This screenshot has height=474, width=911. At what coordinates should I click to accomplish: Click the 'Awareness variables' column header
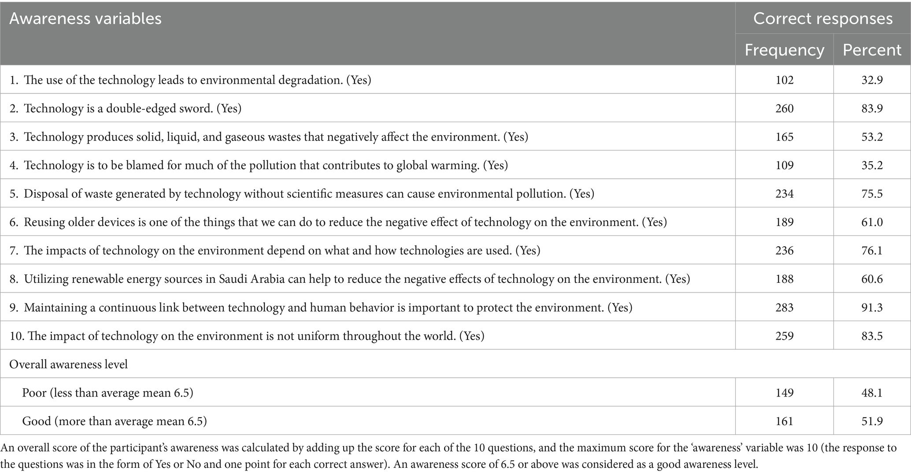(x=85, y=19)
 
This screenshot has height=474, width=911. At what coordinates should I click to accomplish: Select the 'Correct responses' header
(x=823, y=18)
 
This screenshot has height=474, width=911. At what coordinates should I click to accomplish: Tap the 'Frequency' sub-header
(x=784, y=50)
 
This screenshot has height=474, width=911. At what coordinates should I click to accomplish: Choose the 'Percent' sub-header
(x=872, y=50)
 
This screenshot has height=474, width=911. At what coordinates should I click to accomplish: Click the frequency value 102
(x=784, y=80)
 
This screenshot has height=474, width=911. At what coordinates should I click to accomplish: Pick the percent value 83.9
(x=872, y=108)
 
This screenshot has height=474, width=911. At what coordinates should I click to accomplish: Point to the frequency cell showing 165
(x=784, y=137)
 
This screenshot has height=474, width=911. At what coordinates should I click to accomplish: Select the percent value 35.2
(x=872, y=165)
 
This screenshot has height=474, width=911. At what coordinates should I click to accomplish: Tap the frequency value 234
(x=784, y=194)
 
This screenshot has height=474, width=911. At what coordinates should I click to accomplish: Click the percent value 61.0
(x=872, y=222)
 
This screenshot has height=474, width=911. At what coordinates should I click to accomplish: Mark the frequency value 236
(x=784, y=251)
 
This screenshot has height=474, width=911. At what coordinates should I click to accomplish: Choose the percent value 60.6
(x=872, y=279)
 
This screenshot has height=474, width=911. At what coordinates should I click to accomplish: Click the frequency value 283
(x=784, y=307)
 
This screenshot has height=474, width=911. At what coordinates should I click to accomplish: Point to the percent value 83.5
(x=872, y=336)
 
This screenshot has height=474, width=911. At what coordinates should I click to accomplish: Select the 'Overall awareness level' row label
(x=69, y=364)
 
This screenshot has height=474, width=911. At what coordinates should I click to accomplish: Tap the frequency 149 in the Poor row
(x=784, y=393)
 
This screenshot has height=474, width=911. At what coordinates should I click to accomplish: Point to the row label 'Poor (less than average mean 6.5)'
(x=107, y=393)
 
